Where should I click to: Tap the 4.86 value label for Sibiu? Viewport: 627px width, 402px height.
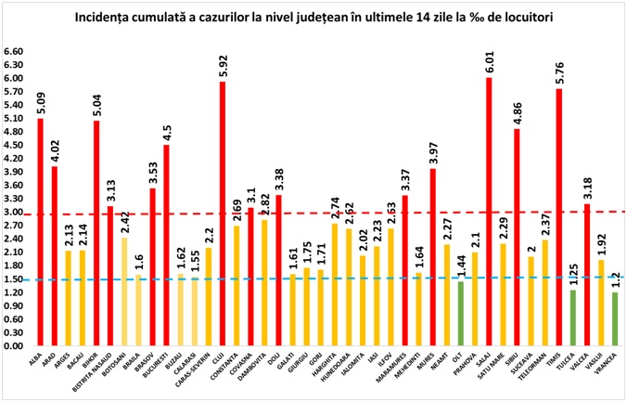[517, 112]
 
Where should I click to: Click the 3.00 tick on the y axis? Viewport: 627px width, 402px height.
[14, 213]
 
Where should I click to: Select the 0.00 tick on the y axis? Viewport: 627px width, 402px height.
[14, 346]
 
